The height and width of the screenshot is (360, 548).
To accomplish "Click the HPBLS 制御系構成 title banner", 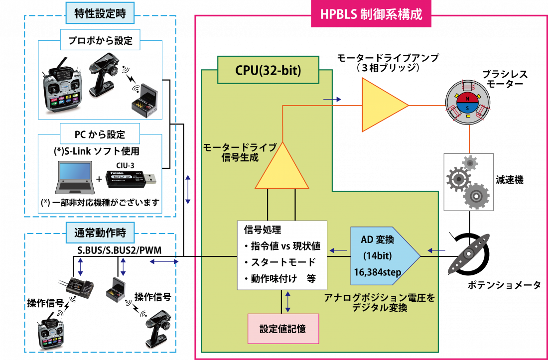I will coord(371,14).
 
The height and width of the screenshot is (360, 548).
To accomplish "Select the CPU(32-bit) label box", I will coord(268,70).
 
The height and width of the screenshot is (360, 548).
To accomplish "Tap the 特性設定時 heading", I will coord(100,13).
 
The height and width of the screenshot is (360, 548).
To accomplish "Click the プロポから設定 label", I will coord(100,40).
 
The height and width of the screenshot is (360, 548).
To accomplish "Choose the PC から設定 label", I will coord(100,134).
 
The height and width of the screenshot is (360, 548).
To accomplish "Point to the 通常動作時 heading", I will coord(100,233).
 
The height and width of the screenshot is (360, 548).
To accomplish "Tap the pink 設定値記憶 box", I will coord(283,329).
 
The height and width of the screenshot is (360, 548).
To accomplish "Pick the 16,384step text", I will coord(377,272).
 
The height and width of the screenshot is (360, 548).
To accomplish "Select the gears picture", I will coord(468,182).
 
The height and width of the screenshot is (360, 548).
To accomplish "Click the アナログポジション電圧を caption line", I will coord(379,298).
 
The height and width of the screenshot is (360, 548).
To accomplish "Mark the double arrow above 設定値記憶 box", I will coord(288,301).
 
